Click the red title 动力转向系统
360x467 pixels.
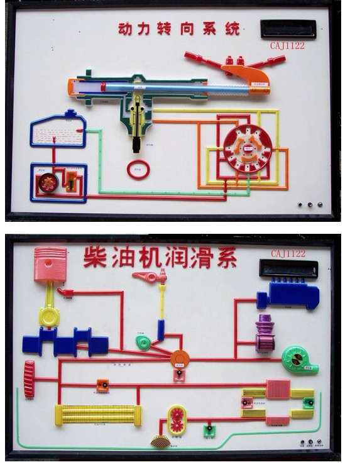179,28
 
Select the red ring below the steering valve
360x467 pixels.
138,169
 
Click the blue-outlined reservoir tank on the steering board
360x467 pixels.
58,130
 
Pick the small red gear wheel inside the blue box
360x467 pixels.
48,182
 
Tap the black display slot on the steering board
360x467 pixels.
288,28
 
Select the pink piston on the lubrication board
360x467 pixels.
50,264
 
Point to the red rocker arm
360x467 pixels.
150,276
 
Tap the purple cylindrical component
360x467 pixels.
265,332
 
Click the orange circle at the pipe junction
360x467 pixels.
180,359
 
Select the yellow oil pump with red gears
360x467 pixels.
177,420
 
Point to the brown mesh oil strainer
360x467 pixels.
160,441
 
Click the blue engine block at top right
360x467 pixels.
289,295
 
